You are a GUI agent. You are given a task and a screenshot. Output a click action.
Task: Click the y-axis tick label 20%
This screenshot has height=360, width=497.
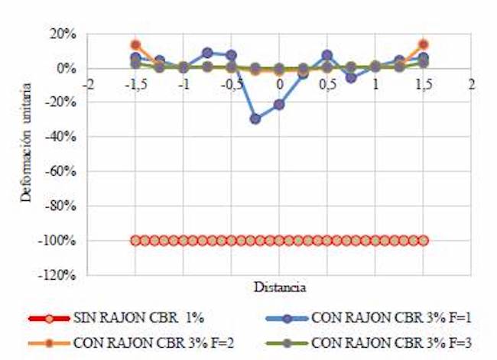63,34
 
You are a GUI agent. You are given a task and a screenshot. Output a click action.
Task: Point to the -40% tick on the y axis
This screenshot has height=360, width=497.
61,138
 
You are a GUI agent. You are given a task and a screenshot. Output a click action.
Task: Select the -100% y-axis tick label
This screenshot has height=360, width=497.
59,241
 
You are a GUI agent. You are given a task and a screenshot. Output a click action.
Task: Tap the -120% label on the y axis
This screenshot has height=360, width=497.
59,275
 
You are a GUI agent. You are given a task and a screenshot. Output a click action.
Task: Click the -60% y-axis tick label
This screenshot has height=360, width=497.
61,172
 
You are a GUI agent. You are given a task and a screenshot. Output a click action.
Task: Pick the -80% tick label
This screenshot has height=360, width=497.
61,206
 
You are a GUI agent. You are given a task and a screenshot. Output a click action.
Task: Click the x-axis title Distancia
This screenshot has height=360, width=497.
279,288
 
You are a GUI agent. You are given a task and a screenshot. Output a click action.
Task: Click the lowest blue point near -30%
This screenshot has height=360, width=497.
255,118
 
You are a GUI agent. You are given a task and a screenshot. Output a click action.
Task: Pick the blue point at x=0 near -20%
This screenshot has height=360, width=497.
279,105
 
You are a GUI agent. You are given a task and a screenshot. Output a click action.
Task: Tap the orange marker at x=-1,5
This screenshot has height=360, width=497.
135,45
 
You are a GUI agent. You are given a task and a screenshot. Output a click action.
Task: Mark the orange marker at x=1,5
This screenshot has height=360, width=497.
423,45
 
